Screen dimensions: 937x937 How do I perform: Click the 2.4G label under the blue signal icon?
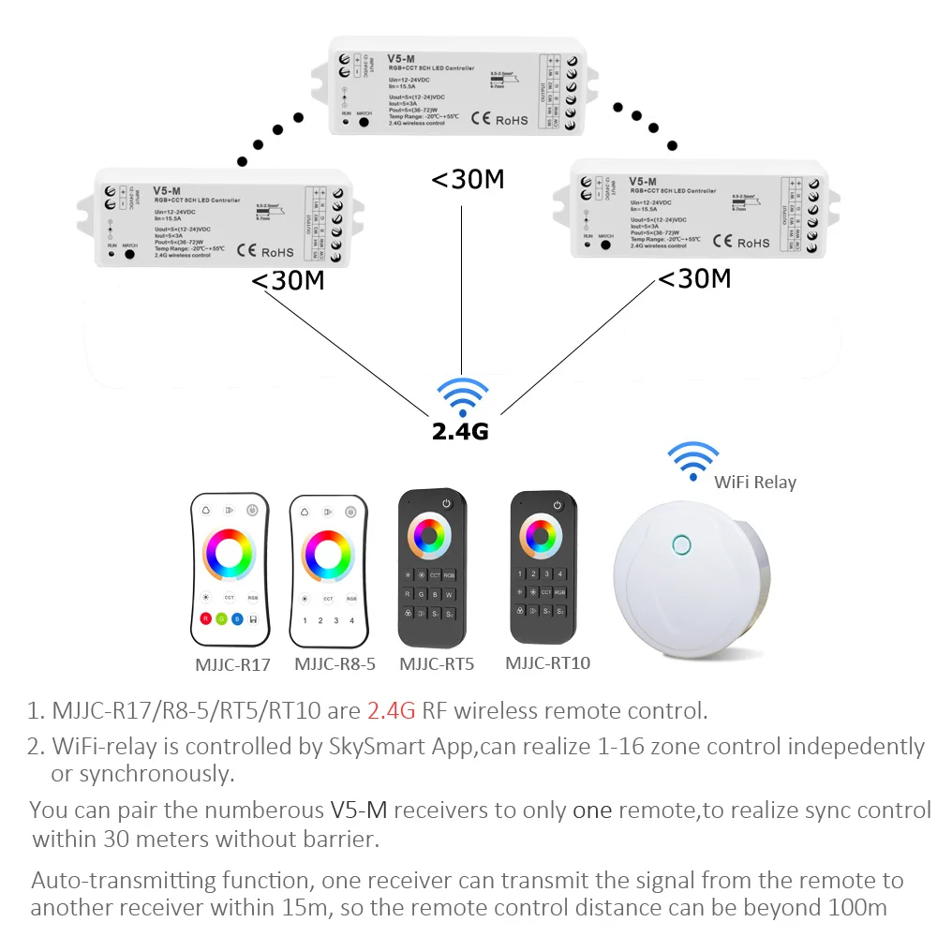pos(460,431)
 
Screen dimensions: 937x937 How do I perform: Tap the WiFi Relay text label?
pos(755,483)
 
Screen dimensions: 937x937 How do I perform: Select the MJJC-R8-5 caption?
pos(335,664)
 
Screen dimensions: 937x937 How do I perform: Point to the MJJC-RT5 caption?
pos(437,664)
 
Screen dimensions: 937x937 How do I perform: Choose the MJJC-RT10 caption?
pos(548,663)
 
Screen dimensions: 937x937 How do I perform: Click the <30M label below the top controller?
pos(468,179)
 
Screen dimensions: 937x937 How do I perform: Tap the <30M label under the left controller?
pos(289,280)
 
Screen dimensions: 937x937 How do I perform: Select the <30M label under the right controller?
pos(694,278)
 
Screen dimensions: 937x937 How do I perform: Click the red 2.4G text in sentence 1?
pos(391,710)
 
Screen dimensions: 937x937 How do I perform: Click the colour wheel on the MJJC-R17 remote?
pos(230,556)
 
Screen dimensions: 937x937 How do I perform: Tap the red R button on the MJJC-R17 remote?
pos(205,619)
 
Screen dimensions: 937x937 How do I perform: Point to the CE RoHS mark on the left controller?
pos(265,250)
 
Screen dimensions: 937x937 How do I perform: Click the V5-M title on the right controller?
pos(643,181)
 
